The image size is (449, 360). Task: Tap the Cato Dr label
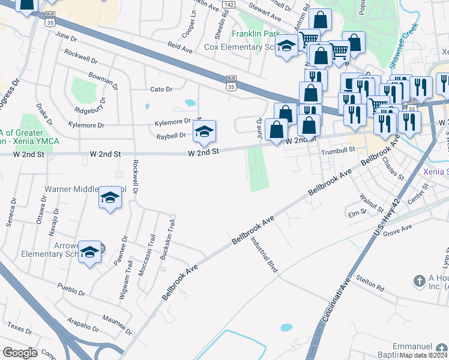(x=161, y=89)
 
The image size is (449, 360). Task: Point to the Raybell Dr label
(x=171, y=136)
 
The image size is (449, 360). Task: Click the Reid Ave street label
(x=179, y=45)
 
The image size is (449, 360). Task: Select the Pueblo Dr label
(x=71, y=290)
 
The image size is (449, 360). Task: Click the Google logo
(x=20, y=353)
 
